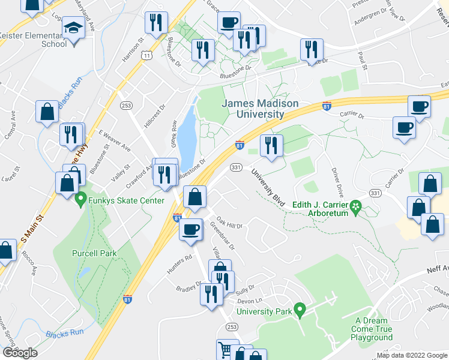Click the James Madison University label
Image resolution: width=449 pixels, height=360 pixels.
[x=260, y=109]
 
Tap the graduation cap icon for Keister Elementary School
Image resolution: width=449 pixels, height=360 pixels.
[x=73, y=29]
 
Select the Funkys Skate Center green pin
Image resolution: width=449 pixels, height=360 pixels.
[x=80, y=200]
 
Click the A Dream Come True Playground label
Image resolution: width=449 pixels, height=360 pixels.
[x=373, y=329]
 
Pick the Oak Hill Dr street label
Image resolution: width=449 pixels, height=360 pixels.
[x=229, y=223]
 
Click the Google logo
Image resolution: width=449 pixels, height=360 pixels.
[x=20, y=353]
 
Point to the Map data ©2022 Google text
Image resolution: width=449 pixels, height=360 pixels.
[x=411, y=355]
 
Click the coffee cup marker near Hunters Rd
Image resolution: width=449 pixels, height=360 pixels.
[x=191, y=229]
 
